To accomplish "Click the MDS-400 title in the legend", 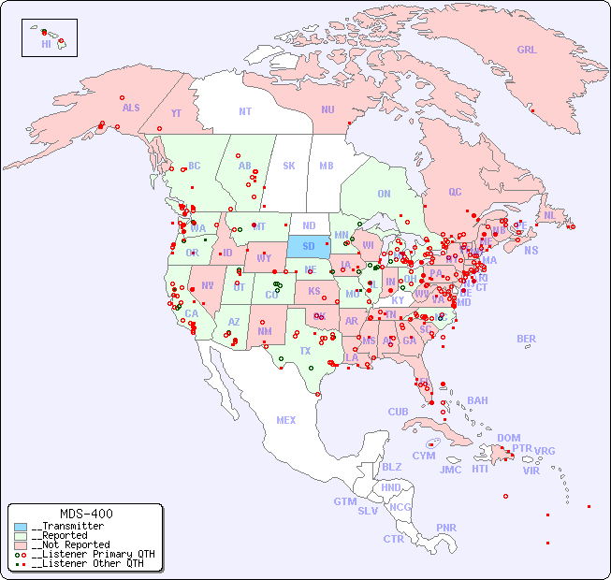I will [85, 514].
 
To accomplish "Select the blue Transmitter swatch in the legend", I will [21, 527].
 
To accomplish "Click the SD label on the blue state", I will [308, 247].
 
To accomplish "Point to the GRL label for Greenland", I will [527, 51].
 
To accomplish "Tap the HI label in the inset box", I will [46, 43].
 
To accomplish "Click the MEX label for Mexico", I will [286, 420].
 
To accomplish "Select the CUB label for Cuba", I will [398, 412].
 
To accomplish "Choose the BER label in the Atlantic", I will [526, 339].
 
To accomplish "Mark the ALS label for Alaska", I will [131, 108].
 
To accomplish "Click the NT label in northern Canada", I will [244, 111].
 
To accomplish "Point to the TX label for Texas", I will [305, 351].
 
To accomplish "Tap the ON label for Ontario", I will [384, 194].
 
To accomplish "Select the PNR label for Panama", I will [446, 528].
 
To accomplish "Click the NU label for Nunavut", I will [327, 109].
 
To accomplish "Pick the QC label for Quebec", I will [455, 192].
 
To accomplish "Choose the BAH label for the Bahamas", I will [477, 400].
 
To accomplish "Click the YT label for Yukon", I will [176, 113].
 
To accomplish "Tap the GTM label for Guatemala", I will [344, 501].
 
